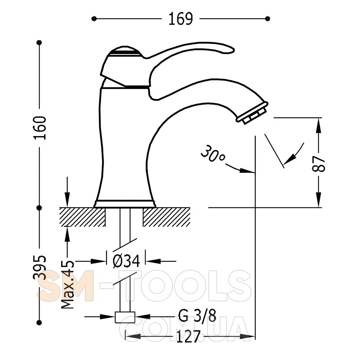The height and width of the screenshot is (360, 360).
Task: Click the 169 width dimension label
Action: tap(181, 19)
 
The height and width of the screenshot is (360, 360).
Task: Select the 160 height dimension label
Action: tap(40, 128)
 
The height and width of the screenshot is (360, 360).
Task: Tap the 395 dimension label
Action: tap(40, 267)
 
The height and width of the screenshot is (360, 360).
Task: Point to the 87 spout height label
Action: tap(319, 164)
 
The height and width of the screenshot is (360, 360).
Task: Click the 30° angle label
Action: tap(213, 154)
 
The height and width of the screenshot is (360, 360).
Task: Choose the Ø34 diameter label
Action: tap(126, 261)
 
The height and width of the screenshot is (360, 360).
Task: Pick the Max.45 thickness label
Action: tap(68, 284)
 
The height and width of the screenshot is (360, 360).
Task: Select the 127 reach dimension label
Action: tap(189, 337)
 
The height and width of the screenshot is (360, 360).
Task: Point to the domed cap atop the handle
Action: tap(124, 51)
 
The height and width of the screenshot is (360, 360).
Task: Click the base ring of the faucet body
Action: tap(125, 204)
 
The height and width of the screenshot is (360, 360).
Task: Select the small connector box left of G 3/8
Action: tap(125, 317)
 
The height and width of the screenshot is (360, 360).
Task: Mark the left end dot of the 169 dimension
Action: tap(94, 19)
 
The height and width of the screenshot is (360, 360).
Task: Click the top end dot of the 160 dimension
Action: tap(40, 42)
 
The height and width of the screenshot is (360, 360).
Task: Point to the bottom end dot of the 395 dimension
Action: tap(40, 322)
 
